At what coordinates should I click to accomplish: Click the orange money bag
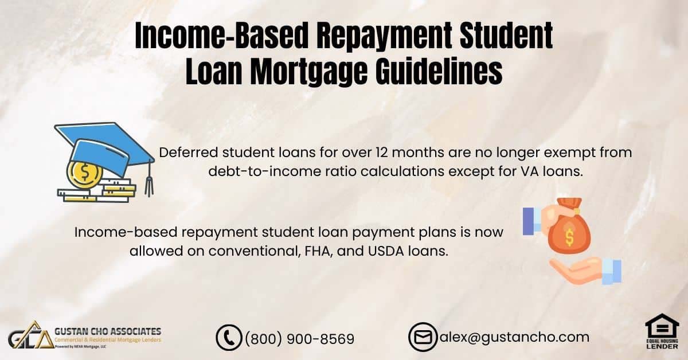click(x=568, y=226)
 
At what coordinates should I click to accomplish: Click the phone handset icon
click(x=229, y=338)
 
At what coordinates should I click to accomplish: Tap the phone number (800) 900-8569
click(x=300, y=339)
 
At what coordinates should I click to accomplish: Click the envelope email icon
click(x=423, y=337)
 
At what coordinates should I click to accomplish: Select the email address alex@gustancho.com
click(x=514, y=337)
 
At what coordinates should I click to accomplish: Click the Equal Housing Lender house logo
click(x=662, y=331)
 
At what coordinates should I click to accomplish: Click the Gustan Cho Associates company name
click(x=108, y=331)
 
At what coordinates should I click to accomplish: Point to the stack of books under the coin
click(x=97, y=191)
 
